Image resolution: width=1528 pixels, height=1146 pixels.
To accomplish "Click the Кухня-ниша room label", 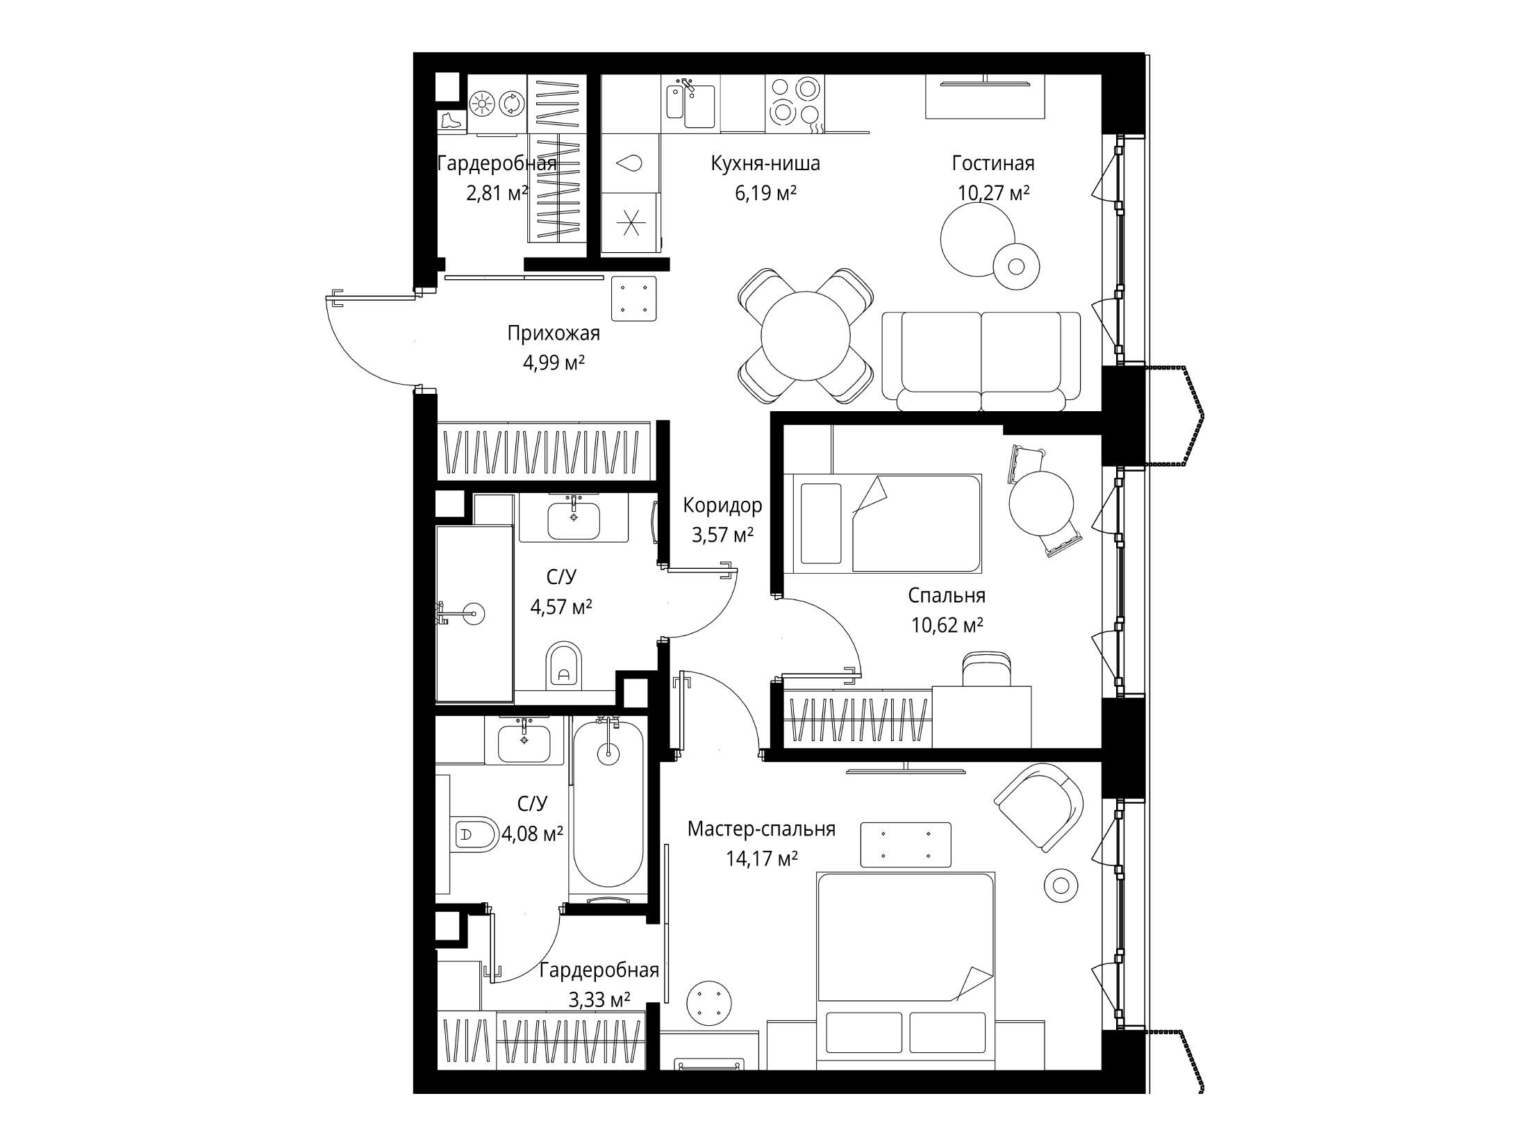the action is [x=765, y=164].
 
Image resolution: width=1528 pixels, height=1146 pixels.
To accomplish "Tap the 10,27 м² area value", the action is [x=993, y=192].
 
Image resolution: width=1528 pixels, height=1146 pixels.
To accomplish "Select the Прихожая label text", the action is [x=554, y=334].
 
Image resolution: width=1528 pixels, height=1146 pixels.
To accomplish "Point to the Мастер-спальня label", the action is [x=761, y=829].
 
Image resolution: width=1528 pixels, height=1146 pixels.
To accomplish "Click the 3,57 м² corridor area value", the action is [x=722, y=535].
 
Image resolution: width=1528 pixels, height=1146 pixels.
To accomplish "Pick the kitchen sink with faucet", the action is [x=691, y=104].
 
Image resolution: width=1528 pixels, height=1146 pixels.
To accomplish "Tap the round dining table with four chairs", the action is [x=805, y=335].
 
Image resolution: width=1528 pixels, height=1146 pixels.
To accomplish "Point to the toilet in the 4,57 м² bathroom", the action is [x=563, y=665].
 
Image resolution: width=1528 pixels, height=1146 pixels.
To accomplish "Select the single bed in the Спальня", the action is [x=883, y=523].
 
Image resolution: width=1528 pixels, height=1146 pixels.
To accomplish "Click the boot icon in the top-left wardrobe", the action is [x=451, y=120].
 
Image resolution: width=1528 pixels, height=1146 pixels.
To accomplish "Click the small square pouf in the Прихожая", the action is [x=633, y=298].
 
